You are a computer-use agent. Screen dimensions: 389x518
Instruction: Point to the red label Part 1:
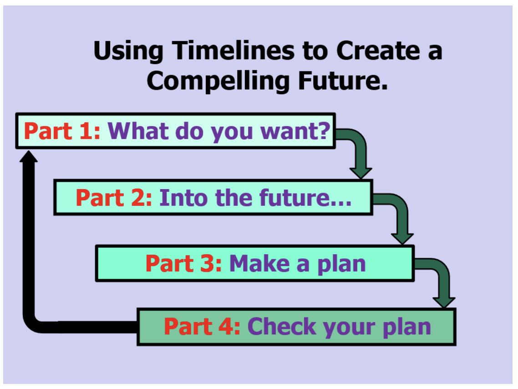click(x=62, y=131)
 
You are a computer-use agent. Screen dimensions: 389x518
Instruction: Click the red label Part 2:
click(x=114, y=198)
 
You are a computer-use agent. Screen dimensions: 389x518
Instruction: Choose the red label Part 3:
click(x=184, y=263)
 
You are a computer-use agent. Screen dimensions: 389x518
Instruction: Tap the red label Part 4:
click(x=203, y=327)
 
